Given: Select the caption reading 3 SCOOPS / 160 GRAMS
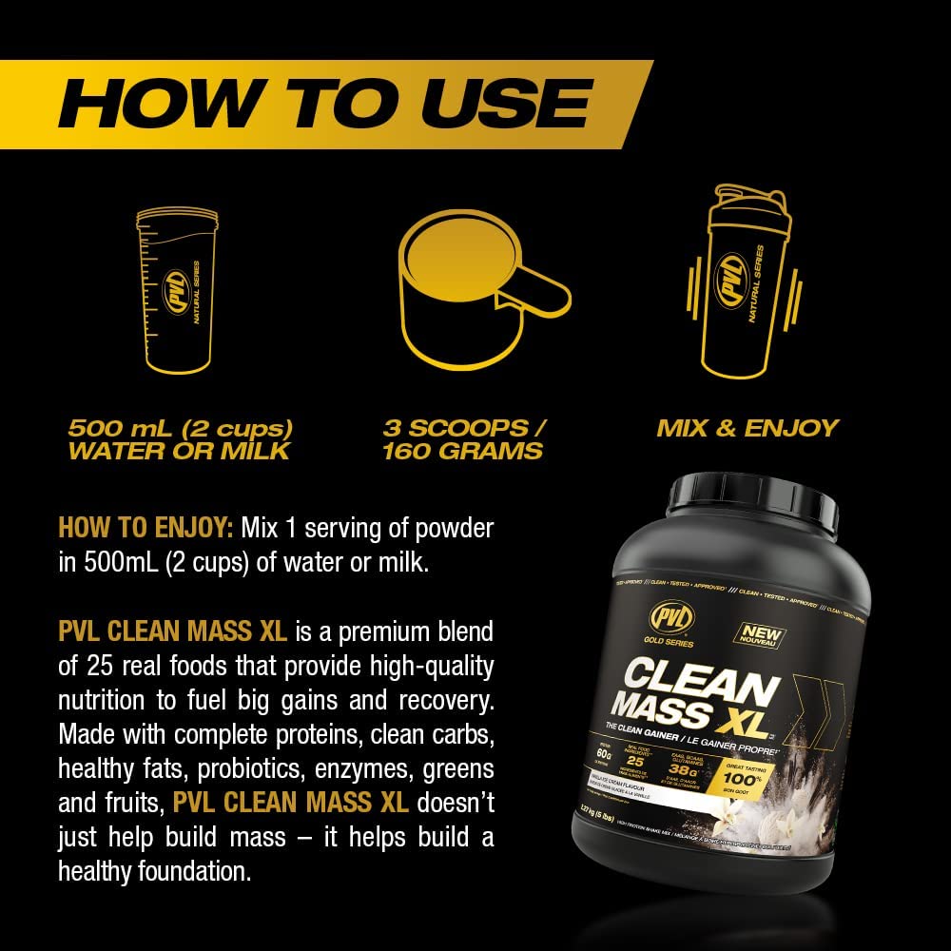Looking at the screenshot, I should coord(463,438).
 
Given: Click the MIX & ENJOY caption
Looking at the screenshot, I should coord(747,427).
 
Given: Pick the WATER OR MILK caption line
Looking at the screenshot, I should coord(178,450).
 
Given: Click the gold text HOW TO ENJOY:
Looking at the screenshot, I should coord(146,528).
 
